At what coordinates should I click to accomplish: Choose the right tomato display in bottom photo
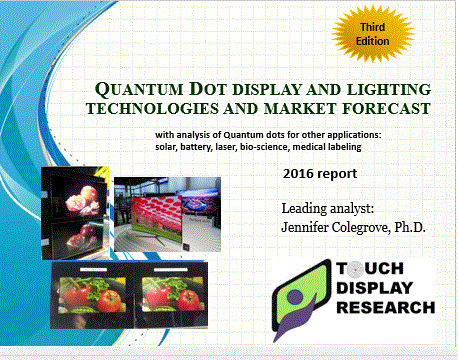pyautogui.click(x=167, y=298)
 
